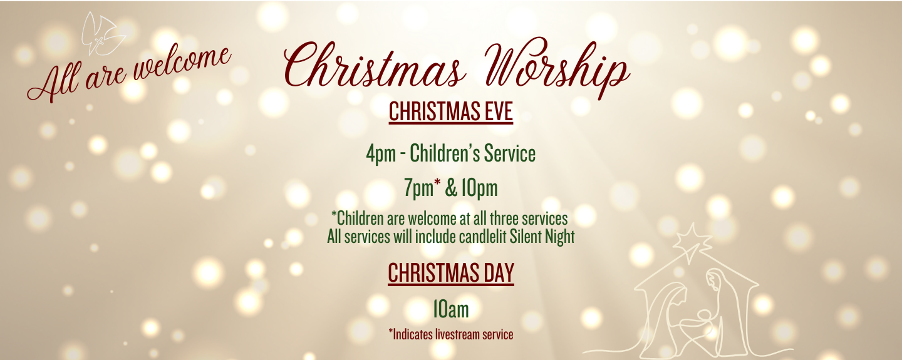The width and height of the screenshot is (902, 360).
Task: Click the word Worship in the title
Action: coord(557,66)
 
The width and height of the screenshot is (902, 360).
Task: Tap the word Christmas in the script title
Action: coord(375,64)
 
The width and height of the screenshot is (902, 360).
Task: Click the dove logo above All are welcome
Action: coord(103,34)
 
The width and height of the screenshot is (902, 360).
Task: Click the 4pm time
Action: coord(381,154)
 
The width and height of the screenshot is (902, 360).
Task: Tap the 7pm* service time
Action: coord(422,188)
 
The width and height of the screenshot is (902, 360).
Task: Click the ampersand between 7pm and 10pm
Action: coord(450,188)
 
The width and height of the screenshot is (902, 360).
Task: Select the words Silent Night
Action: coord(542,237)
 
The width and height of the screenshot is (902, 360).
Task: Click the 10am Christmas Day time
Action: coord(451,310)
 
